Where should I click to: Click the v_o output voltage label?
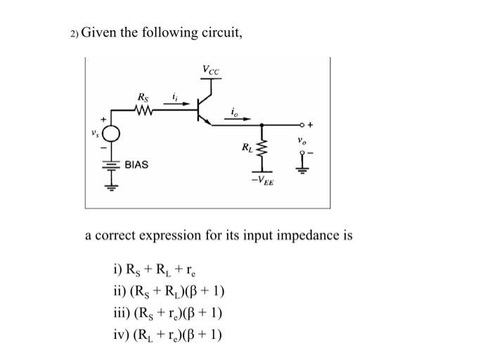click(x=304, y=140)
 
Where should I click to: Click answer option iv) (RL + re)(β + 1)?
click(x=168, y=334)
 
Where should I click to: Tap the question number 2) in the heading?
click(x=75, y=35)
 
